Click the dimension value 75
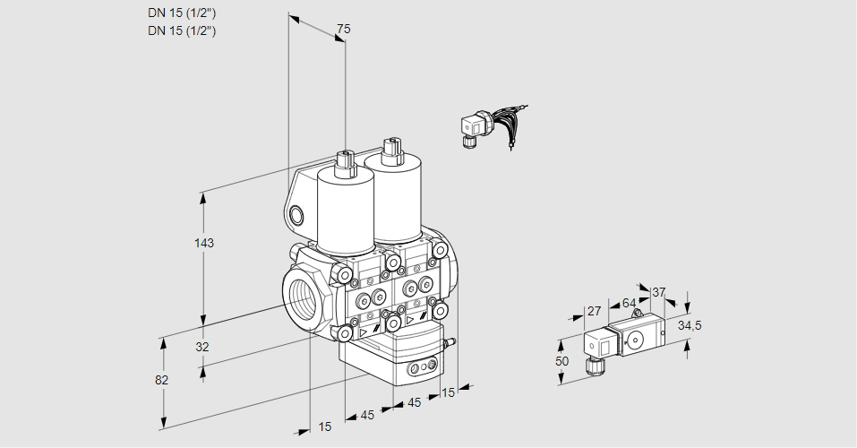coord(343,29)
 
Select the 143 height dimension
coord(204,243)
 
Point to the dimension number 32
coord(201,347)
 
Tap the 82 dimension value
coord(161,380)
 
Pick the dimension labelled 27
coord(594,311)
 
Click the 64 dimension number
coord(629,303)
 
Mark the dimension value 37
coord(659,292)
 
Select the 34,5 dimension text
coord(689,325)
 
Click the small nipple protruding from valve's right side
coord(450,341)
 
